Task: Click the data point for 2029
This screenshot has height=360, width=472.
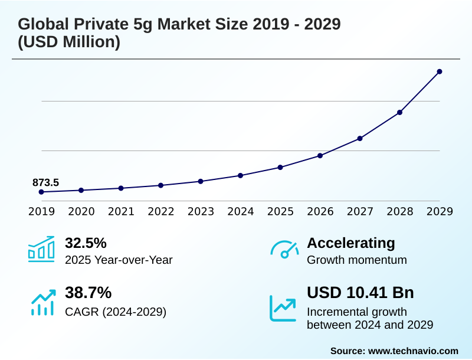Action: [440, 71]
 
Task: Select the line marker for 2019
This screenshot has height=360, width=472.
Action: [41, 192]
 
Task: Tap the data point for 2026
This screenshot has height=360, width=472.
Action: [320, 156]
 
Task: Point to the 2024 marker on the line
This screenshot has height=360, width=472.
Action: [241, 175]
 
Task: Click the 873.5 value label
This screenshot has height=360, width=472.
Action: [45, 182]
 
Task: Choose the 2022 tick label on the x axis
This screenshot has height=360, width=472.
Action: [161, 211]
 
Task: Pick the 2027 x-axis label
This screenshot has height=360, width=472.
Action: [360, 211]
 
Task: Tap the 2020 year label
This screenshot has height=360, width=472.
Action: [81, 211]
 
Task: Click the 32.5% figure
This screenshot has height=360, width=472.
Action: [86, 243]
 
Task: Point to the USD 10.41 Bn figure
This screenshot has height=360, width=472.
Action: [360, 293]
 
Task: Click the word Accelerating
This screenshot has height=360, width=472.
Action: [351, 243]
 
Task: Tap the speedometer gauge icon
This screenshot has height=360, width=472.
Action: [284, 250]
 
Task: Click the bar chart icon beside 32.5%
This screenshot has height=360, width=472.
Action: [41, 249]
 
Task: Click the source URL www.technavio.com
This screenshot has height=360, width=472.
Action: [413, 351]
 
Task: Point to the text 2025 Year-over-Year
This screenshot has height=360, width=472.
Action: [119, 260]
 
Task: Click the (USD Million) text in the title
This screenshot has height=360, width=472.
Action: [69, 42]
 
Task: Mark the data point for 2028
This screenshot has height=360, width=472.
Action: [399, 112]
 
